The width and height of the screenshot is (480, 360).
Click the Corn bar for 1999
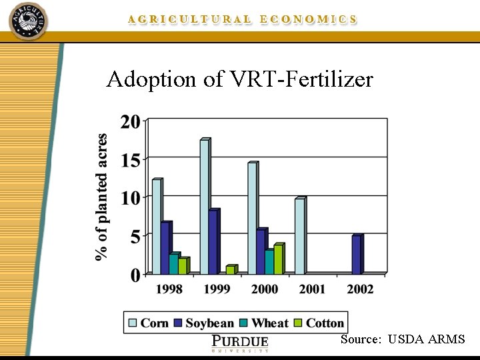pos(204,207)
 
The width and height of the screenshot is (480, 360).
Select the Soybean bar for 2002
pos(356,255)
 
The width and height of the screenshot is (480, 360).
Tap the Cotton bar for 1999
pos(230,270)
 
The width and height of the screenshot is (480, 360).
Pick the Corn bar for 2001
pos(299,237)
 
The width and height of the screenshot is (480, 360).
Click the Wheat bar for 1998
pos(173,264)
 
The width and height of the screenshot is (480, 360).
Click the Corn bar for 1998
pos(156,227)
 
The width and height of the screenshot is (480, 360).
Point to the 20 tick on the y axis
pos(131,122)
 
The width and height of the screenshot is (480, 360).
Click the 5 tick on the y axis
pos(135,237)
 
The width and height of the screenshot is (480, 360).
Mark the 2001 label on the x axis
pos(312,289)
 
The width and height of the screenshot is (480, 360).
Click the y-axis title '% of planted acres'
pos(101,197)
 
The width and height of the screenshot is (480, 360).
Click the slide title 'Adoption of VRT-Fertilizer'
pos(239,80)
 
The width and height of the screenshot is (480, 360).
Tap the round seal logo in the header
pos(28,20)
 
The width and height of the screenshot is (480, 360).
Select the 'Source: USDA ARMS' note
pos(403,339)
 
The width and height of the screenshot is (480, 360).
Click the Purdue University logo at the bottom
pos(239,343)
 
